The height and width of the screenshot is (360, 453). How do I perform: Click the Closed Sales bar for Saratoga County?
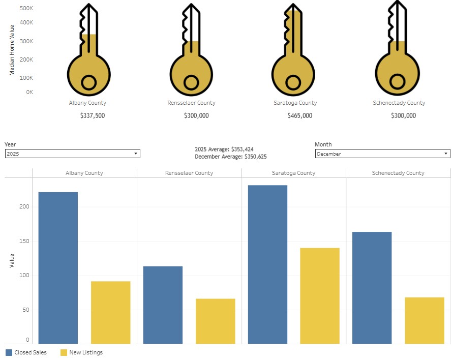click(x=267, y=264)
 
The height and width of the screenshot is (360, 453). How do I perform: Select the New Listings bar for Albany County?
click(x=110, y=312)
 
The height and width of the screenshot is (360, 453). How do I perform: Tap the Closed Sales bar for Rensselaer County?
click(x=163, y=305)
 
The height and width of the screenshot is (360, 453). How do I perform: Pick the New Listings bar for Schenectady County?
click(x=425, y=320)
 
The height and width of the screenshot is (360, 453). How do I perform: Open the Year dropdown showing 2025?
click(x=72, y=154)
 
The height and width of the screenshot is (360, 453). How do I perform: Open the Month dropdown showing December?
click(x=382, y=154)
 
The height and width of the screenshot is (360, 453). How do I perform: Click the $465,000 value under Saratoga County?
click(x=299, y=116)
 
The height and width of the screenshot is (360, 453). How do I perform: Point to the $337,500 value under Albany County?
click(x=93, y=116)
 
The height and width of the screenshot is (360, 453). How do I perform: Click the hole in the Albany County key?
click(x=88, y=82)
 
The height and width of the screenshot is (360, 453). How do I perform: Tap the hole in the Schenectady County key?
click(x=397, y=81)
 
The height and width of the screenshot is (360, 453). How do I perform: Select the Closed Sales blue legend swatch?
click(x=9, y=352)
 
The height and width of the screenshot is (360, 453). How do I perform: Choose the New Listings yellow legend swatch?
click(x=64, y=352)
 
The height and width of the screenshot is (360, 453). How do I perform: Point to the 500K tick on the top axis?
click(x=26, y=9)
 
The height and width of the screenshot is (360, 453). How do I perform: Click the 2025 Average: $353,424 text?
click(x=224, y=149)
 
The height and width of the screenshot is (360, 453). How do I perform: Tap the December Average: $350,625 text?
click(x=230, y=157)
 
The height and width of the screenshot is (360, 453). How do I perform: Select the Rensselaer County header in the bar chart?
click(x=189, y=173)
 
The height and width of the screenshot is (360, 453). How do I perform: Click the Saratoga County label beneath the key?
click(x=295, y=103)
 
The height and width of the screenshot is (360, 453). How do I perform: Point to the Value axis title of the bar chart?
click(x=12, y=261)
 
